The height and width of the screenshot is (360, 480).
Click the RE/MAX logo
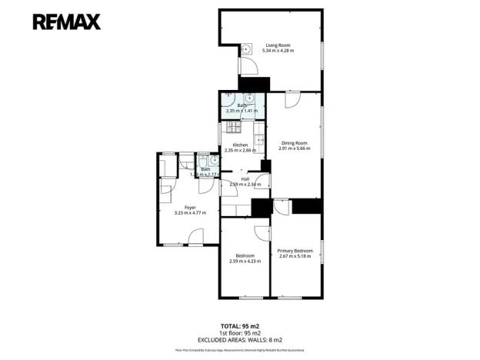coord(66,21)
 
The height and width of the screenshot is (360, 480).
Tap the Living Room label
coord(278,44)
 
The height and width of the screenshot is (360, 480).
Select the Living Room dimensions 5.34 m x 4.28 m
coord(278,50)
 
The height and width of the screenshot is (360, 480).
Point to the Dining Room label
coord(294,142)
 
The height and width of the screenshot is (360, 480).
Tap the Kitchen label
coord(239,145)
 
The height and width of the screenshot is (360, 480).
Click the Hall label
coord(245,178)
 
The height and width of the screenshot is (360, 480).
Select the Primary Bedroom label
coord(295,250)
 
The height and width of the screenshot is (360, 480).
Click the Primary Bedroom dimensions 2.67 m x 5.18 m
coord(295,256)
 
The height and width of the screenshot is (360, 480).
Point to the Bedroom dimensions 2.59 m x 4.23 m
coord(245,262)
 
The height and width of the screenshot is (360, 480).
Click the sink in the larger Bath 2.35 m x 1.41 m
coord(248,98)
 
